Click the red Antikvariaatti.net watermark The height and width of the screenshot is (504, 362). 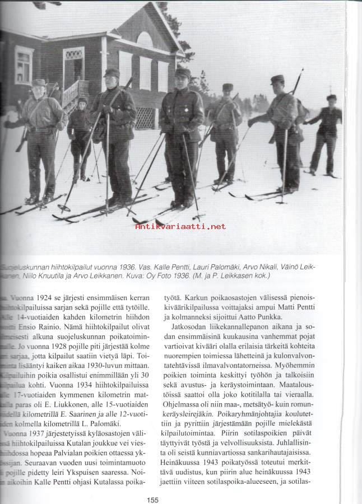point(180,226)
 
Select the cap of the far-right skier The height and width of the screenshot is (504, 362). point(332,97)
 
